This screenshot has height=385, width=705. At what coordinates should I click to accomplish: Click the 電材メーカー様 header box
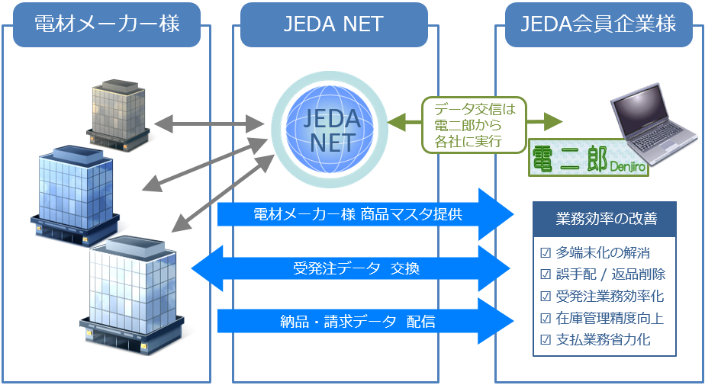[107, 24]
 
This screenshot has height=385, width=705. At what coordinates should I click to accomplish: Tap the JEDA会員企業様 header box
[598, 24]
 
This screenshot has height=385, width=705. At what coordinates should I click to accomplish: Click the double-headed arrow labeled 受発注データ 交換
[351, 268]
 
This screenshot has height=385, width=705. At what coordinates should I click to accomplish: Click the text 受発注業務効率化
[610, 296]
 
